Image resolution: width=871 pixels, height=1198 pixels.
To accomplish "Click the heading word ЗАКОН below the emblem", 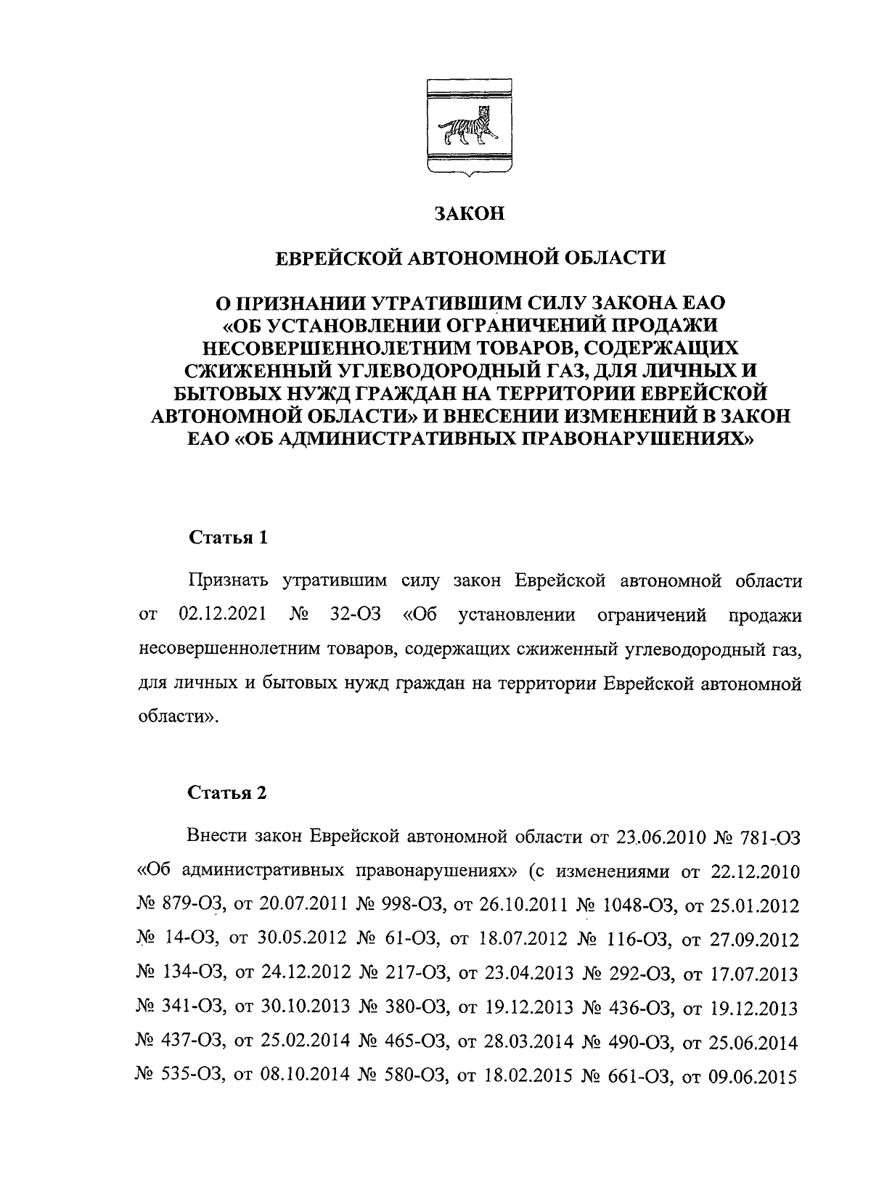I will [468, 214].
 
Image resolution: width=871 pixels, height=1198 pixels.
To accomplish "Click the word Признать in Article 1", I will [228, 581].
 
